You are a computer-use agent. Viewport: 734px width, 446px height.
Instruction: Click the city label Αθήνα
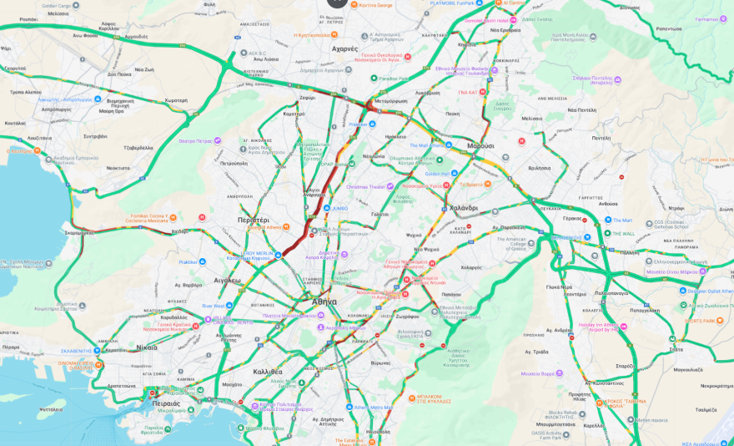point(324,301)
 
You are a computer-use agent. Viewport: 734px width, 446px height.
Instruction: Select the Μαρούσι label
point(480,145)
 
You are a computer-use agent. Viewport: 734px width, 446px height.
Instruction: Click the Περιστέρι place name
point(253,220)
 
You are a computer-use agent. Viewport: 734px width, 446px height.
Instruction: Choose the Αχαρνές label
point(344,48)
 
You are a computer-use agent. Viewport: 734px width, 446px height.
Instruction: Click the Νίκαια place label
point(146,347)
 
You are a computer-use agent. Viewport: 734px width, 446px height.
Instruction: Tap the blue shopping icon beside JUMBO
point(326,208)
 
